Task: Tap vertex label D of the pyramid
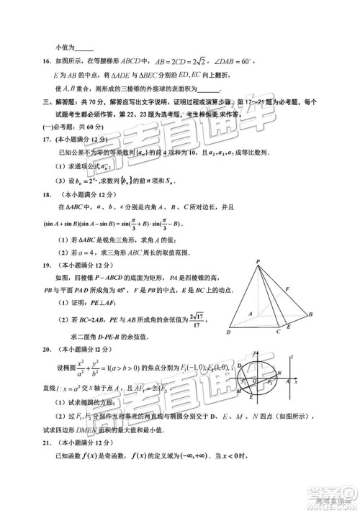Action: (x=228, y=332)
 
